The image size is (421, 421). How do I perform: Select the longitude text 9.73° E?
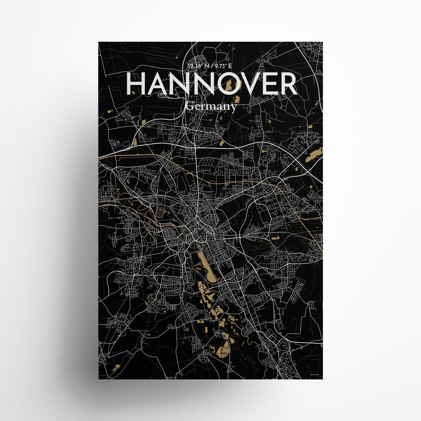pos(223,66)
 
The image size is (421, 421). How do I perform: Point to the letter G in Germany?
pos(189,107)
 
